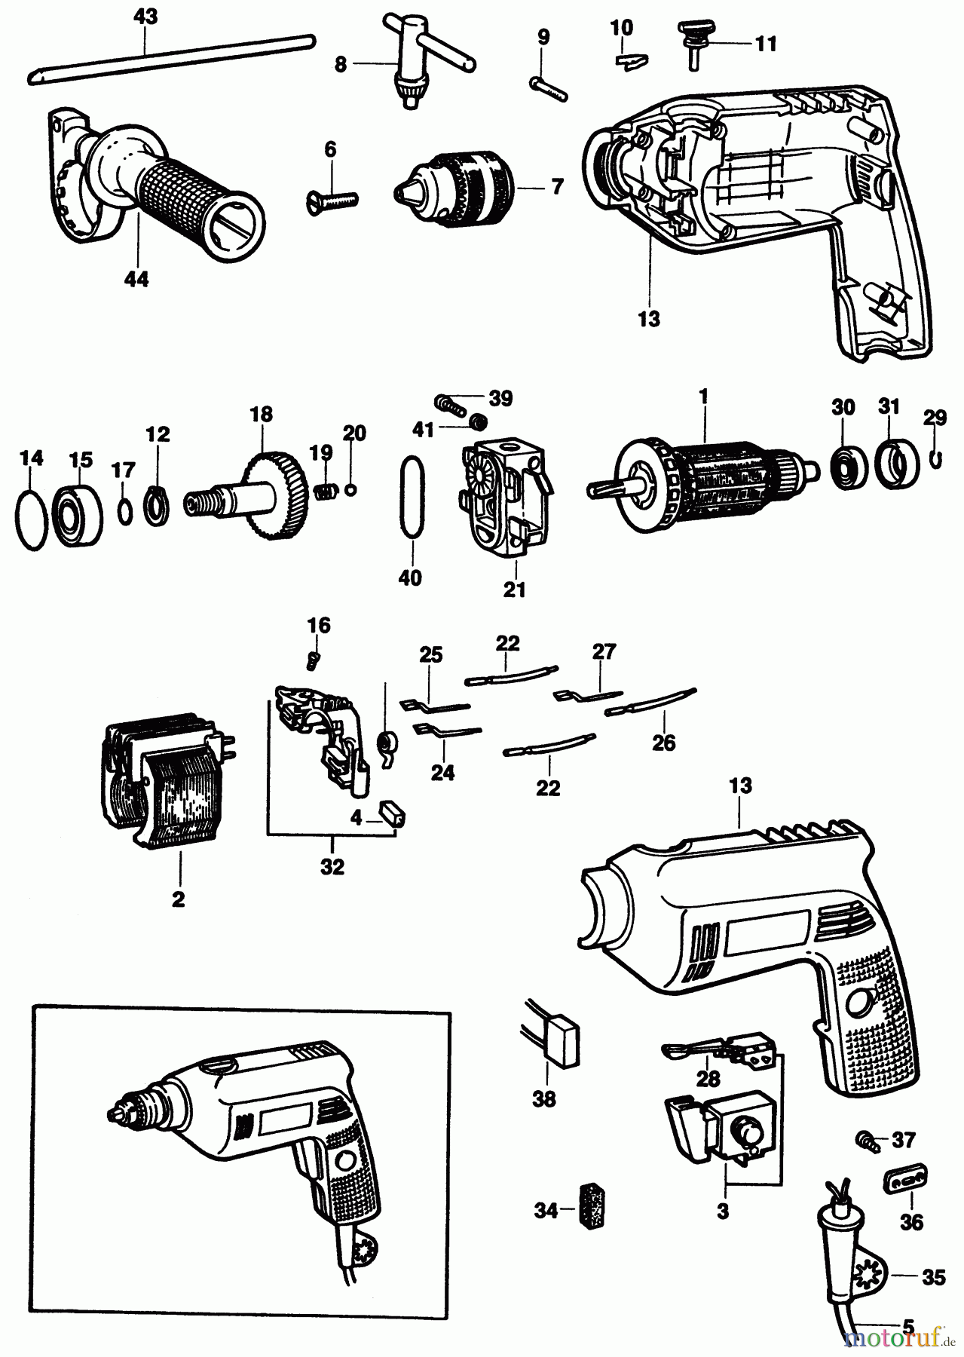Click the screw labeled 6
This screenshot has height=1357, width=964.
[x=334, y=200]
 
